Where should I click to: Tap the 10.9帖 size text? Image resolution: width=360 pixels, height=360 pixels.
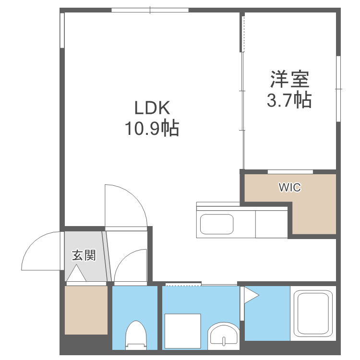point(152,128)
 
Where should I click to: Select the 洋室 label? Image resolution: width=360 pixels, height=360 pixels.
point(289,78)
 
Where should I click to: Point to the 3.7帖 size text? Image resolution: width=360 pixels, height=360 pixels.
point(289,100)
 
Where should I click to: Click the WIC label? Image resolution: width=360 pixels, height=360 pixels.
point(290,188)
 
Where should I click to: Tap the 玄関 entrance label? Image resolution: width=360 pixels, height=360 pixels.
point(84,255)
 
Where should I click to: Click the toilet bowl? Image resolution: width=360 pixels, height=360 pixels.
point(134,335)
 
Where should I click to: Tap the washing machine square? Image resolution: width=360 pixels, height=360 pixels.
point(183,329)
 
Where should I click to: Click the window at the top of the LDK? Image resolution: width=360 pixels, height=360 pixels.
point(150,10)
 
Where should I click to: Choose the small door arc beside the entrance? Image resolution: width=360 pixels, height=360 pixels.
point(130,266)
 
